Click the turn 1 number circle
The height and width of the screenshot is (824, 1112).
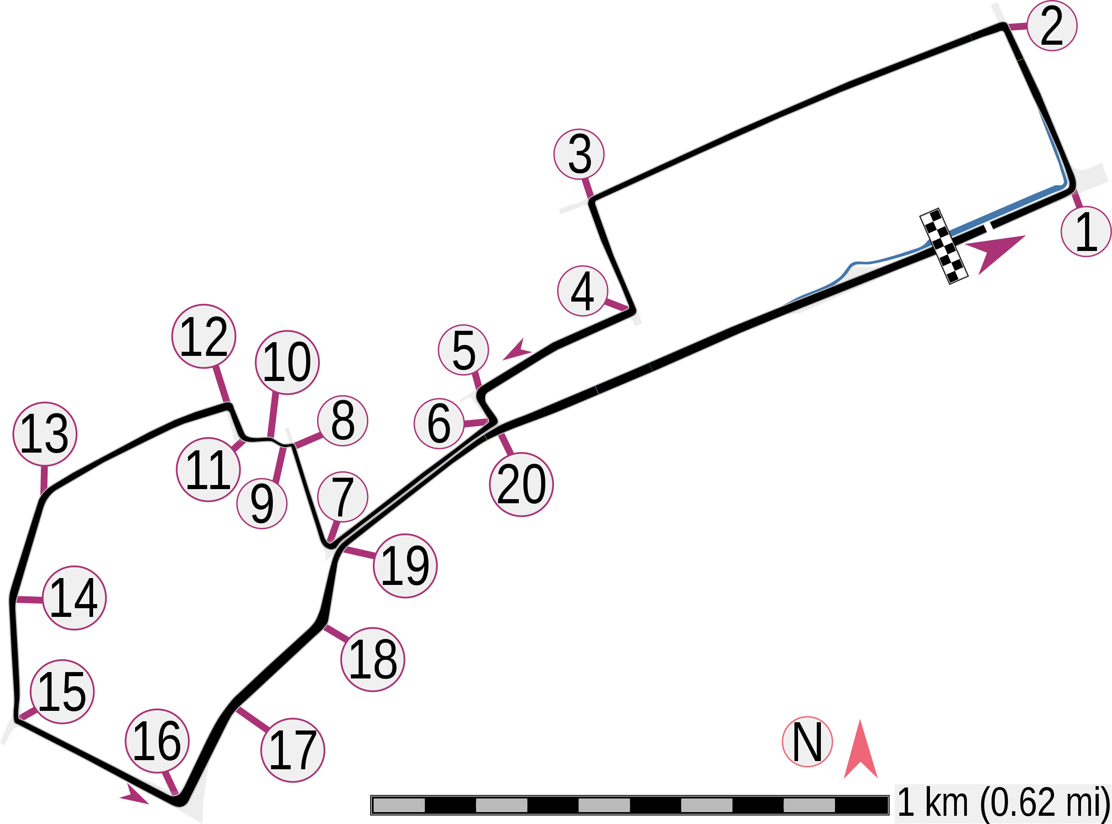pos(1086,232)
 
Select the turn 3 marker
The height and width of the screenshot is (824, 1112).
pos(579,154)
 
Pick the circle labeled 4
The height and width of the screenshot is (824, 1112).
pos(582,291)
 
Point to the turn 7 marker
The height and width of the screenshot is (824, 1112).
pos(342,497)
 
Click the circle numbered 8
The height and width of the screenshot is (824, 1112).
pos(343,421)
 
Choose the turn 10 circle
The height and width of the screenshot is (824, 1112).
pos(287,362)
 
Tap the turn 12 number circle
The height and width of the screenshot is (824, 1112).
pos(204,336)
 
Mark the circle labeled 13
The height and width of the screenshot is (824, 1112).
pos(45,434)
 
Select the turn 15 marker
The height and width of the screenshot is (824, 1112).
pos(63,692)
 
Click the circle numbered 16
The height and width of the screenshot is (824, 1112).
pos(157,741)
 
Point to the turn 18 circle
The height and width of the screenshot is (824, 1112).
pos(373,659)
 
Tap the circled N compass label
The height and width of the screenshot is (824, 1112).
pos(807,742)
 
